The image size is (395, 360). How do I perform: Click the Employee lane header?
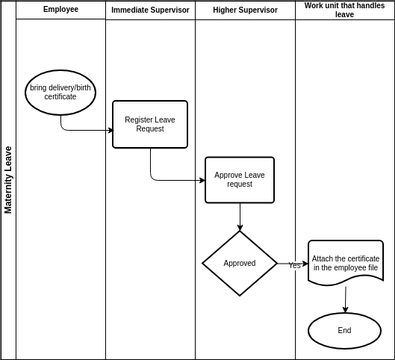61,9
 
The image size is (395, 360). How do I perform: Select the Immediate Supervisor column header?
150,10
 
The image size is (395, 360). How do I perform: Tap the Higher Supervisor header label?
245,10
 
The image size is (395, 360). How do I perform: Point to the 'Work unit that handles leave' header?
345,10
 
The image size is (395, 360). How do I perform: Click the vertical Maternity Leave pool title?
8,180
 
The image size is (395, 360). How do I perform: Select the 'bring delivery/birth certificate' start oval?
60,92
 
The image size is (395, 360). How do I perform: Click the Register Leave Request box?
150,124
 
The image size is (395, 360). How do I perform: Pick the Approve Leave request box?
240,180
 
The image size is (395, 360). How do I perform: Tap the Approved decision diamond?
240,263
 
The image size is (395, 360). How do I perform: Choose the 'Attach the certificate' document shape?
346,263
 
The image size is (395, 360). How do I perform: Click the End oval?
345,330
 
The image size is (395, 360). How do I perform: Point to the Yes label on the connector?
294,265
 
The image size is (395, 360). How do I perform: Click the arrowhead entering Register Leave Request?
111,130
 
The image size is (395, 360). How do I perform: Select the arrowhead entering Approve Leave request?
202,180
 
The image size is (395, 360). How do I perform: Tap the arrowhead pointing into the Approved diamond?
240,228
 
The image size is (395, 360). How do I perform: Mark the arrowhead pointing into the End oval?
345,310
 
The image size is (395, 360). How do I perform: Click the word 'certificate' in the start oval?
60,97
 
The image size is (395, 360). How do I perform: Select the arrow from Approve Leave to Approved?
240,217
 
